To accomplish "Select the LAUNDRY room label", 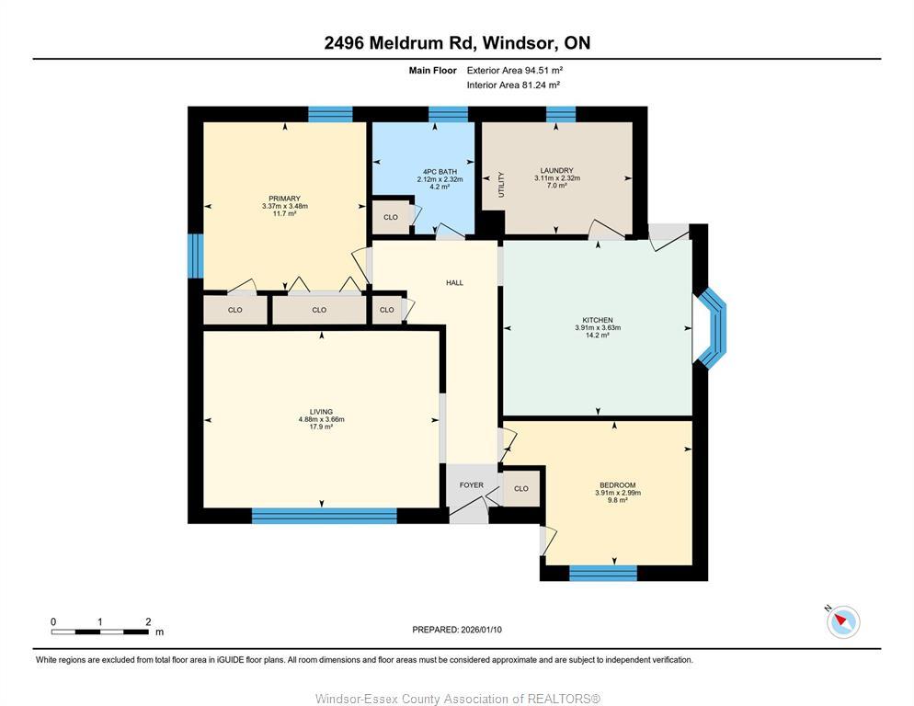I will click(557, 170).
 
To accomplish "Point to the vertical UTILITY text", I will click(501, 185).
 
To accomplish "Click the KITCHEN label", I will click(598, 320).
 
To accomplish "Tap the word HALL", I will click(454, 282).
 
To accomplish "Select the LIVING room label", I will click(321, 411).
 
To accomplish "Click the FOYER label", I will click(471, 484).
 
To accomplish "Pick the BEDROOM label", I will click(617, 484).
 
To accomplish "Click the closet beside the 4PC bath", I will click(391, 217).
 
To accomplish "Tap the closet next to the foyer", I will click(521, 488).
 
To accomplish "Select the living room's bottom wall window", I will click(324, 516).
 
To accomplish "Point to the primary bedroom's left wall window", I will click(194, 255).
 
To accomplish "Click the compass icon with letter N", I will click(842, 621).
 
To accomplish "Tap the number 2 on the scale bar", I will click(148, 622).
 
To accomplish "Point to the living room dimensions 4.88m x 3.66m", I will click(321, 419).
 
